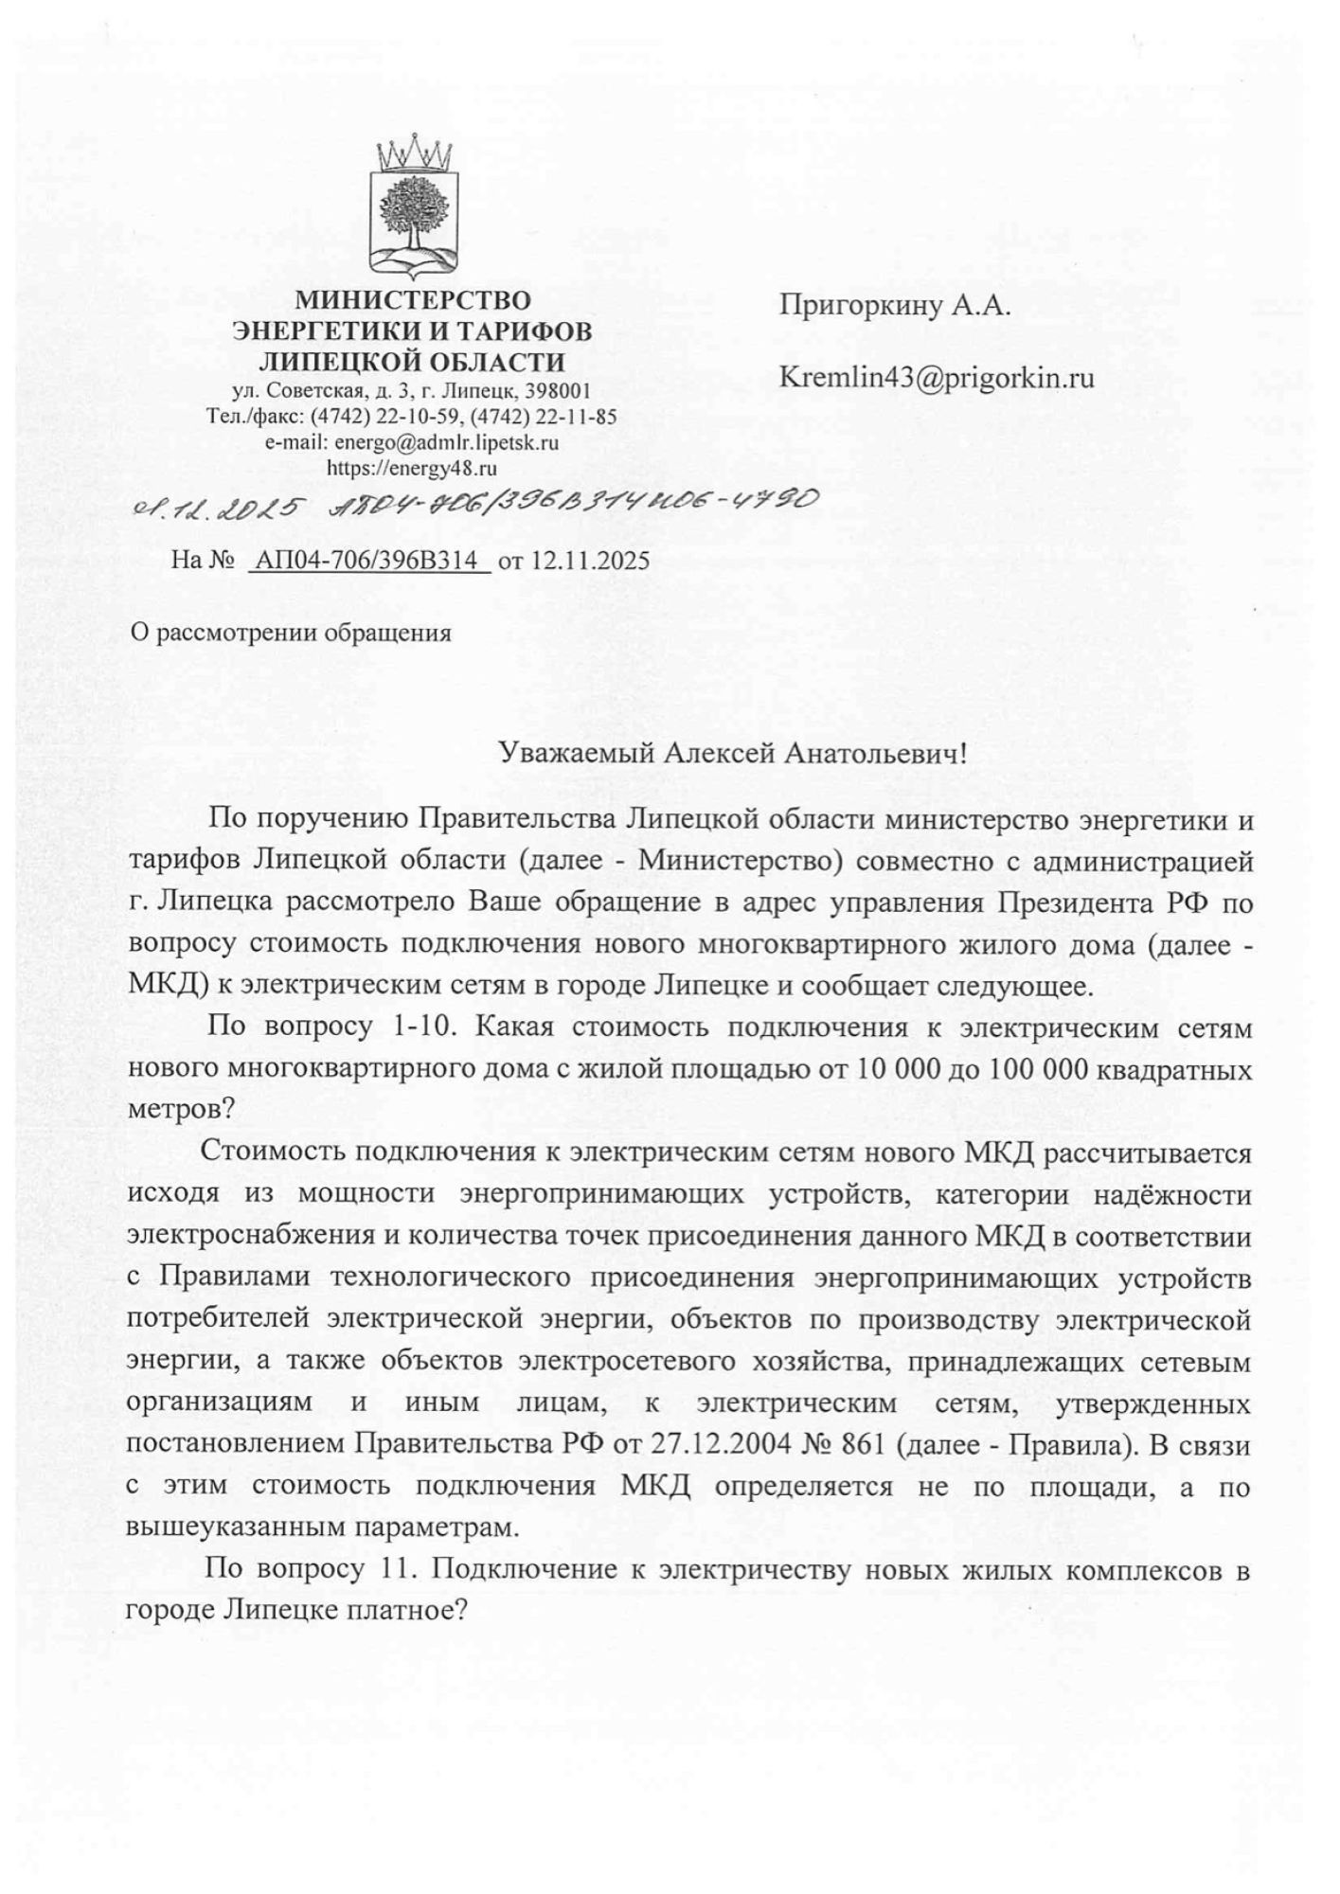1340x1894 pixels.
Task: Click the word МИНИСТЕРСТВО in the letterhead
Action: tap(413, 301)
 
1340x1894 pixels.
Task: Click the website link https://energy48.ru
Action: tap(412, 467)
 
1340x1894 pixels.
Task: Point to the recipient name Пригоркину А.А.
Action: tap(895, 306)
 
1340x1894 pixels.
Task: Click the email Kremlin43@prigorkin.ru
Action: tap(936, 379)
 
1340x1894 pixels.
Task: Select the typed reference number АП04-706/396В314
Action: tap(370, 561)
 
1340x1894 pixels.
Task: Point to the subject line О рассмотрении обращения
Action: tap(290, 633)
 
